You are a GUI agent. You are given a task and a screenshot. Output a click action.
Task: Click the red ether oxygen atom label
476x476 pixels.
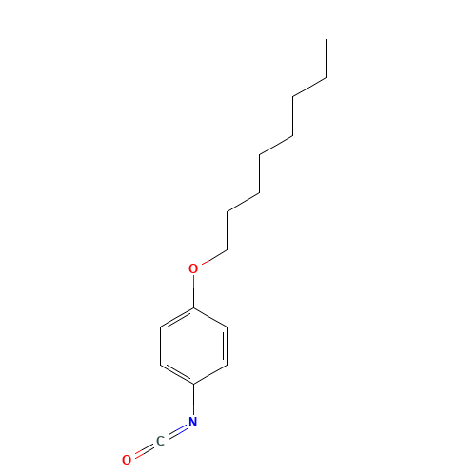point(193,268)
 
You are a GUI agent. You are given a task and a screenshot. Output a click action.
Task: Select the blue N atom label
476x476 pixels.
point(193,422)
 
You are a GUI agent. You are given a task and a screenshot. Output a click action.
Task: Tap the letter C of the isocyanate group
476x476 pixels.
point(160,441)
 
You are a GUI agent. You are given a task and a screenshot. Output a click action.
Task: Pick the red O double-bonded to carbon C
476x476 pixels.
point(127,460)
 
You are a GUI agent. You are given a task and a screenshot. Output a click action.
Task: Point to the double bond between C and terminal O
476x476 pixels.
point(145,450)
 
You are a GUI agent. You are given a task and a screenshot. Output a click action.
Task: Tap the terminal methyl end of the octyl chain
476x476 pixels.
point(326,40)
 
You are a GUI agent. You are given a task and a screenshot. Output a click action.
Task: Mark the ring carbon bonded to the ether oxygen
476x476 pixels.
point(193,307)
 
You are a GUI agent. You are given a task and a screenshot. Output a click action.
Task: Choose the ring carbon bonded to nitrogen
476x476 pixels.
point(193,384)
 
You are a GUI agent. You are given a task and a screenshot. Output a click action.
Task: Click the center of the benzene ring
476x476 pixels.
point(193,346)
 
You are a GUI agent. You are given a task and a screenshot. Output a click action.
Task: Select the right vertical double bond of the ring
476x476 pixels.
point(226,346)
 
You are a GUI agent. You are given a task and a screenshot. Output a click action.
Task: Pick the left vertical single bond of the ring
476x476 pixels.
point(161,346)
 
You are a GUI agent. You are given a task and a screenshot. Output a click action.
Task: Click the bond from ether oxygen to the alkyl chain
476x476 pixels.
point(214,257)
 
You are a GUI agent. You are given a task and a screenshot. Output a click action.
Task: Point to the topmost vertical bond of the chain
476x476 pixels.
point(326,59)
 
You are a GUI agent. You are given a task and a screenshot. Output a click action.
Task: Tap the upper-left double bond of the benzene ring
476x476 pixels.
point(178,318)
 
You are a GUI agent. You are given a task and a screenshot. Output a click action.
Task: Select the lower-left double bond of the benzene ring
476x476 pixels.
point(178,373)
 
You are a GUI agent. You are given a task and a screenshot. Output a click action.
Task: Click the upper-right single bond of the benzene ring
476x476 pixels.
point(210,317)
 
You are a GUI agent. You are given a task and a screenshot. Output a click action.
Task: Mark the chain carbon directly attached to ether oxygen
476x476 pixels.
point(227,250)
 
